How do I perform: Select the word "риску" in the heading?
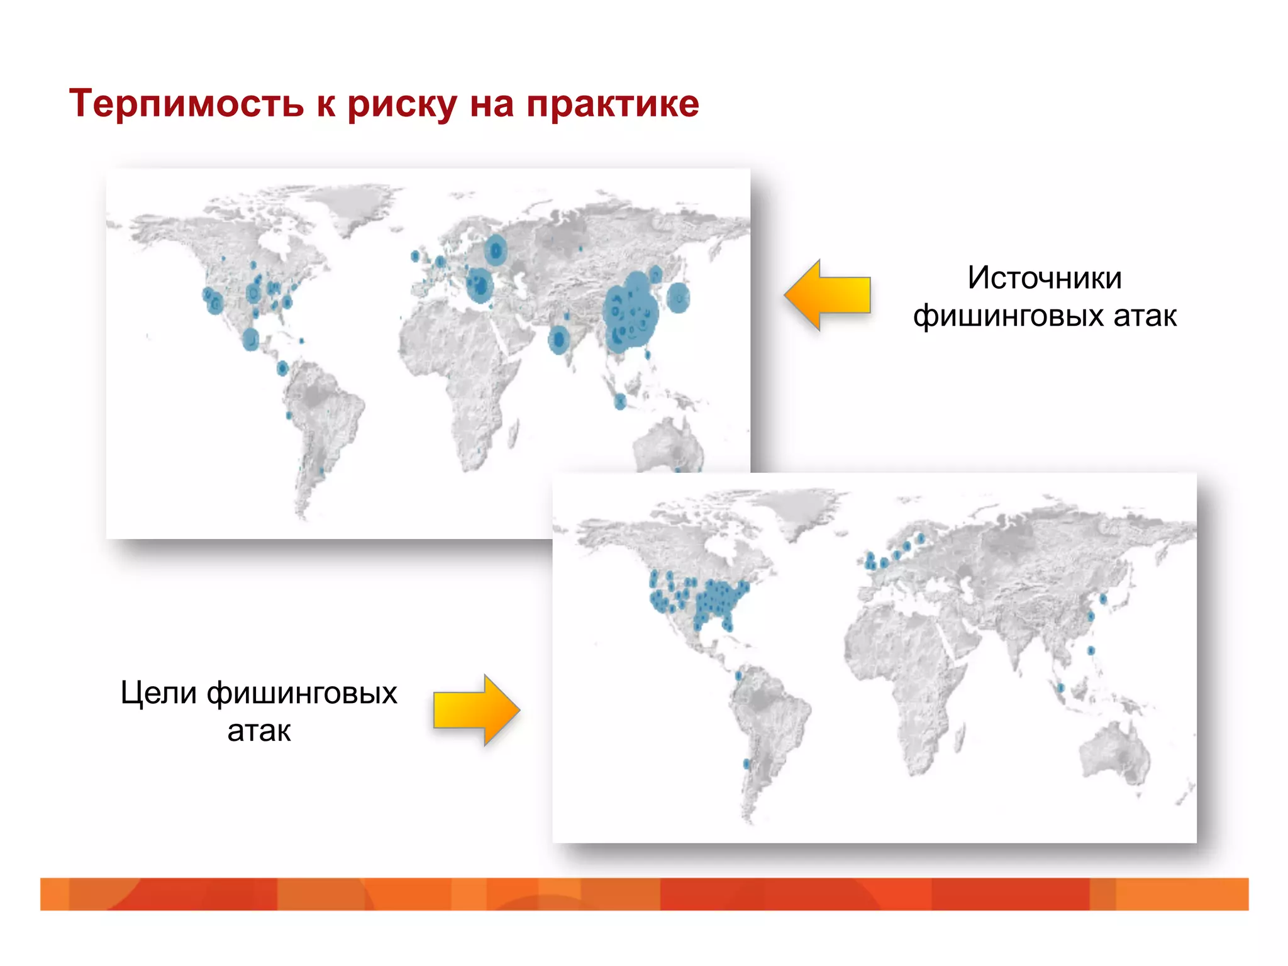click(402, 104)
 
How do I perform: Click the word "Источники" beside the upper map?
click(1045, 278)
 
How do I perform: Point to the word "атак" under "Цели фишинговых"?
click(259, 731)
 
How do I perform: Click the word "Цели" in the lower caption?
click(158, 693)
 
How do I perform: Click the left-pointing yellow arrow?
click(828, 295)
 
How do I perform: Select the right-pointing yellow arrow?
click(477, 710)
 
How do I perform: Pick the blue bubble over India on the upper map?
click(558, 340)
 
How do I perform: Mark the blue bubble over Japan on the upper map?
click(678, 297)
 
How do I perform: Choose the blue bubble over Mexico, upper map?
click(251, 339)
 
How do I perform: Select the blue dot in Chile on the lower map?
click(747, 764)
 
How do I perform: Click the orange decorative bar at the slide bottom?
click(644, 894)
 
